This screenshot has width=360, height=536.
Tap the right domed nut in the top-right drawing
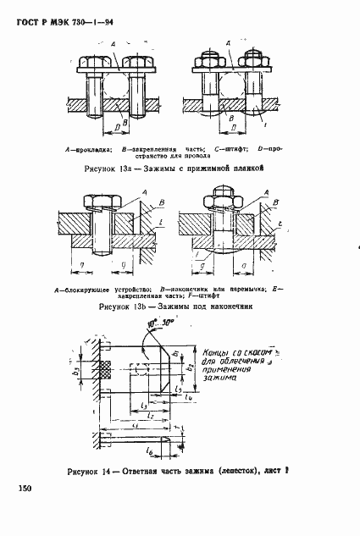pyautogui.click(x=252, y=61)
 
